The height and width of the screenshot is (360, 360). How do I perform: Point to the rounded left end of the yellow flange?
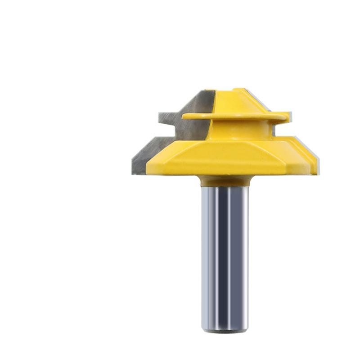point(185,117)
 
